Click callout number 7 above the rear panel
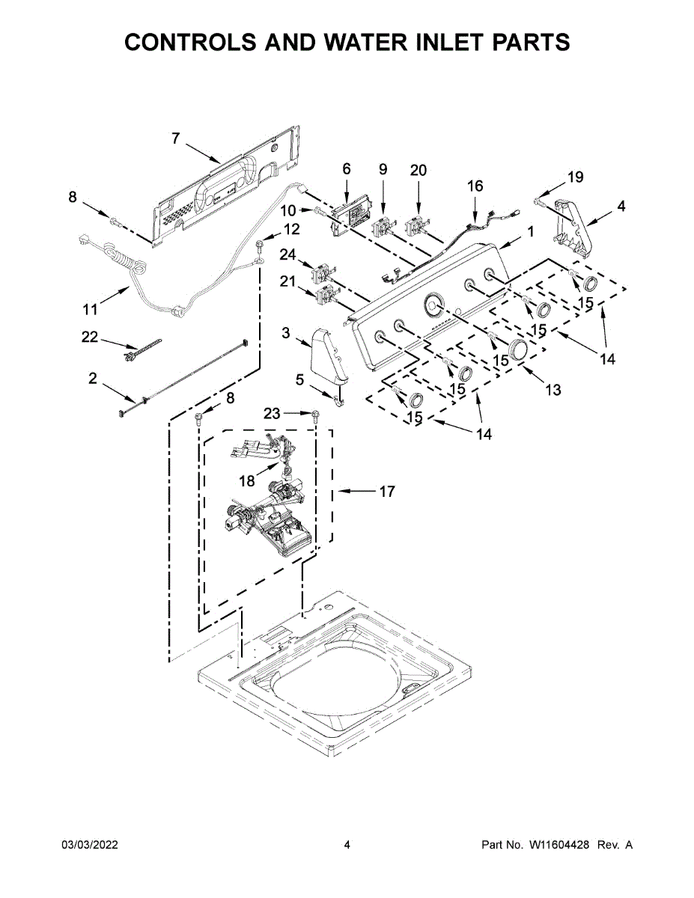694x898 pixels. [175, 138]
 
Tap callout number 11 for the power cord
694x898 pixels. [90, 308]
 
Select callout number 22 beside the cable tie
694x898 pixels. [90, 337]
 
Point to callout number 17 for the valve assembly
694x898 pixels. [386, 492]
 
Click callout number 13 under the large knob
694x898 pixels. [553, 390]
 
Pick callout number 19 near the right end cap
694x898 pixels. [575, 177]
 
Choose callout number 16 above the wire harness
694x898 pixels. [475, 186]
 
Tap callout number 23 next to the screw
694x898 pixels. [272, 412]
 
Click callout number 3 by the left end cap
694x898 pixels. [286, 333]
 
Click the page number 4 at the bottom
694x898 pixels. [347, 845]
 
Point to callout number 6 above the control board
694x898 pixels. [347, 169]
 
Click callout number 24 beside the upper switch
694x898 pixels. [288, 255]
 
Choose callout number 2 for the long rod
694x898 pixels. [93, 379]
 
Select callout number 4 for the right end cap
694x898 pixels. [622, 207]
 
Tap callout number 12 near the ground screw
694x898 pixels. [291, 229]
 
